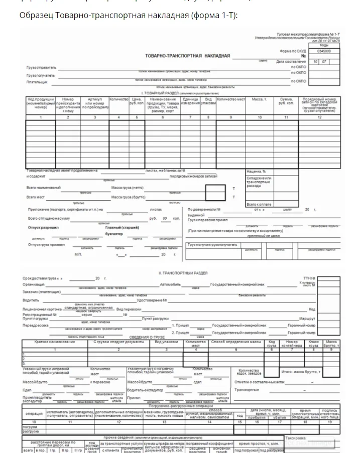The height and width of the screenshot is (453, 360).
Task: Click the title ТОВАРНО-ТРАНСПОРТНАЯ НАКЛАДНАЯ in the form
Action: coord(188,56)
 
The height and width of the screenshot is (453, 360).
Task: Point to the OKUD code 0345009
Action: coord(324,51)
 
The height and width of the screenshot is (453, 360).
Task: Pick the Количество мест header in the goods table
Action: coord(231,100)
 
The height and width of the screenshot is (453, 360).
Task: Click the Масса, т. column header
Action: coord(259,100)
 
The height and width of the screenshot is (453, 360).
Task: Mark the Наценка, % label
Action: coord(256,172)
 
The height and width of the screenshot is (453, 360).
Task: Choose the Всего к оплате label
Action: coord(259,204)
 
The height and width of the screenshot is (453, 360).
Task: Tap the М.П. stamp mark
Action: coord(77,255)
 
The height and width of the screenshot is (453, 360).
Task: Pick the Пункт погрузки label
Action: coord(37,319)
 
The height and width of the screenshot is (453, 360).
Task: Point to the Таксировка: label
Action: coord(296,437)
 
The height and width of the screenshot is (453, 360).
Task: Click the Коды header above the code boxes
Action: coord(324,45)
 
